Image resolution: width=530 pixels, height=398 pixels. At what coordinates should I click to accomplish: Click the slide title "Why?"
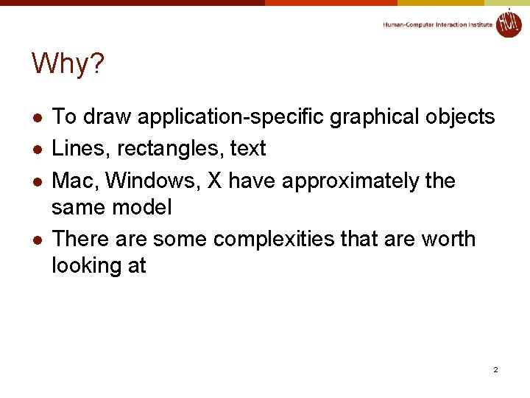tap(68, 65)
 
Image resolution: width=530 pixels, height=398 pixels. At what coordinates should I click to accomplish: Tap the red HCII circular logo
tap(509, 23)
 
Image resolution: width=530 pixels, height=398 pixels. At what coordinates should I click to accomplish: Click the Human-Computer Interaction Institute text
tap(437, 25)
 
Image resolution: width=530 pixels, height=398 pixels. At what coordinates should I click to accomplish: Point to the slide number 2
tap(495, 369)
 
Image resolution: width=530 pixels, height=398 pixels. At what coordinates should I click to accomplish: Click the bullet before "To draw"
tap(37, 118)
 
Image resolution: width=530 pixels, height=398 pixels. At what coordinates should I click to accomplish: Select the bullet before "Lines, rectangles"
tap(37, 150)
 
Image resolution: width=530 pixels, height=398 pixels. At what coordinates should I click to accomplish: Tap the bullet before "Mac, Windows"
tap(37, 182)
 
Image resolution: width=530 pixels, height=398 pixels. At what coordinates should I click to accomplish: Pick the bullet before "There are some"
tap(37, 240)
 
